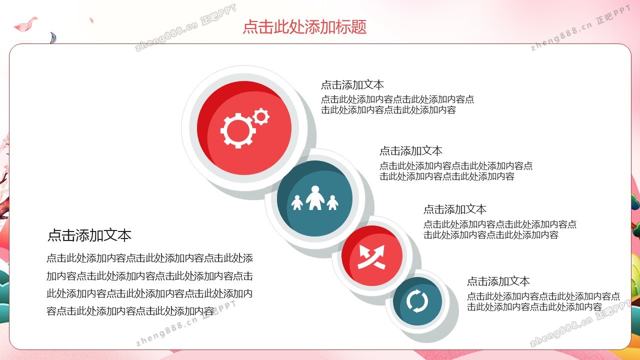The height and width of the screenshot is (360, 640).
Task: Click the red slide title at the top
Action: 304,27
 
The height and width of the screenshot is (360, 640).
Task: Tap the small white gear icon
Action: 260,116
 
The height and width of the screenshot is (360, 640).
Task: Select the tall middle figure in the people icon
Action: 315,197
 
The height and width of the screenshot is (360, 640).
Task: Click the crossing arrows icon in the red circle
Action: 371,257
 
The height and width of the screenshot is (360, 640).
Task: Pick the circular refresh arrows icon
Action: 417,301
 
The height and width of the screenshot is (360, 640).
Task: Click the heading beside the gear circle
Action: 352,85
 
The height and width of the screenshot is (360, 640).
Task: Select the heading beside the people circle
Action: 411,151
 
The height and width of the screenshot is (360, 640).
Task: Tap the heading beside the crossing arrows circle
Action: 455,209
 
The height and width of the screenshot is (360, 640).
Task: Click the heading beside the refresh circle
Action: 498,281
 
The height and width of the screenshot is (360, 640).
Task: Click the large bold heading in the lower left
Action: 89,235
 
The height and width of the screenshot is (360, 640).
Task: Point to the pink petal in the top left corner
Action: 25,24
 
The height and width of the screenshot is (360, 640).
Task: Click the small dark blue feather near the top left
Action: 53,38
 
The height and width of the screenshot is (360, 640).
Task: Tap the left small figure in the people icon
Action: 297,202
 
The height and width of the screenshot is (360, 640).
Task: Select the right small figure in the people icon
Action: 332,202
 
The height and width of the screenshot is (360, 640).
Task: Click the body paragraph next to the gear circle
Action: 397,104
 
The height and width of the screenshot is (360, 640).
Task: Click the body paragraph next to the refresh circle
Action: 543,301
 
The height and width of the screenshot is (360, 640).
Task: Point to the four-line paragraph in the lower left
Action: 149,284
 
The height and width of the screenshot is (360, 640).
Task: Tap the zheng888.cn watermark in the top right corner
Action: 580,27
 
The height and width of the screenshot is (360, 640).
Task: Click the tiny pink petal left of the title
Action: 91,20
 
